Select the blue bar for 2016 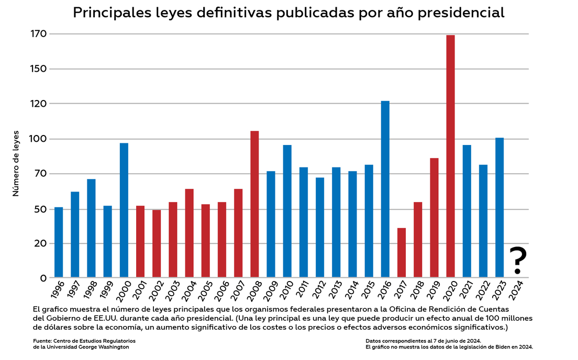point(385,189)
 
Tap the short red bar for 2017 point(402,253)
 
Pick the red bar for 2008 point(254,204)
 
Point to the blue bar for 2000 point(124,210)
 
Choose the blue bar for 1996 point(59,242)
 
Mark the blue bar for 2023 point(499,207)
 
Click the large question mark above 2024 point(517,260)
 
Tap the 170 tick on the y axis point(40,34)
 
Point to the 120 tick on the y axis point(40,104)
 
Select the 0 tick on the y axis point(43,278)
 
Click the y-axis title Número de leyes point(16,163)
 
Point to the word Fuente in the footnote point(42,341)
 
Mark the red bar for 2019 point(434,218)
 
